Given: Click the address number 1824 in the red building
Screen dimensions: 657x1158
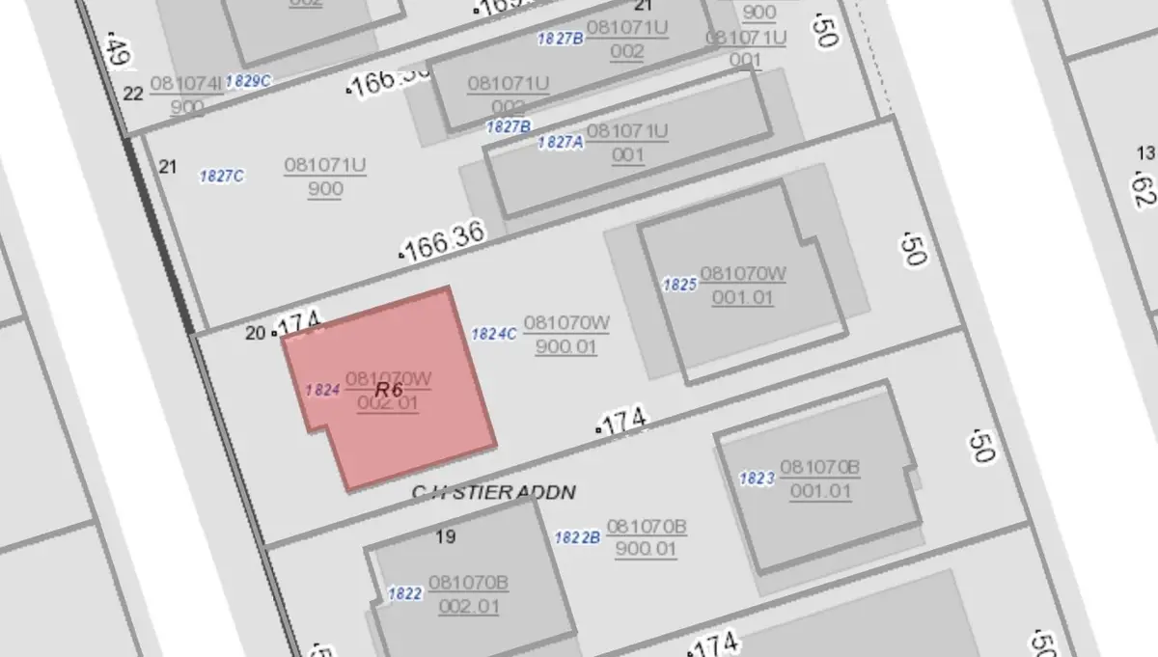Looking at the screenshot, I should point(322,391).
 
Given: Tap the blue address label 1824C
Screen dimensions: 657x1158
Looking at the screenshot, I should point(494,334).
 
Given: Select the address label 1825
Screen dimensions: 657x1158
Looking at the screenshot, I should point(679,285).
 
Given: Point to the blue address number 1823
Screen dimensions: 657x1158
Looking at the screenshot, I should point(757,479).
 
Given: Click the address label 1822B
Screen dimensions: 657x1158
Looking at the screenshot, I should point(578,538).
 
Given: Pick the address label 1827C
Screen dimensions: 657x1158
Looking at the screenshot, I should point(221,176).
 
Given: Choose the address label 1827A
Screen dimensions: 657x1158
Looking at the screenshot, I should point(561,142).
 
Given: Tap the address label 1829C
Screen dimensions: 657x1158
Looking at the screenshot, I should point(248,81).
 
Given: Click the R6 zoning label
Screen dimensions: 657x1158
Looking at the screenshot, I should point(389,390).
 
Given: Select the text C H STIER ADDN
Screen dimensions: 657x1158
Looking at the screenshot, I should point(494,493).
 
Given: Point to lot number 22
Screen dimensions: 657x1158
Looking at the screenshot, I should point(133,94).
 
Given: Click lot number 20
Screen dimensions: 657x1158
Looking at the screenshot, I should point(255,334).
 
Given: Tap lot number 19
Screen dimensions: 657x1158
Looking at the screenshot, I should point(446,537).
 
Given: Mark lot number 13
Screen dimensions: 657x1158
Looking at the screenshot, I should point(1145,153).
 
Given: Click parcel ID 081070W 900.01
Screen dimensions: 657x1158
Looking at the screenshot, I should point(565,334).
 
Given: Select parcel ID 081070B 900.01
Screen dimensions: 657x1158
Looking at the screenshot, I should point(647,538).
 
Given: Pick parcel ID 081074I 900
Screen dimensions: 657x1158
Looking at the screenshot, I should point(186,95).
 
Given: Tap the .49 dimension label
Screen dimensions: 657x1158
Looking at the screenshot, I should point(119,51).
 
